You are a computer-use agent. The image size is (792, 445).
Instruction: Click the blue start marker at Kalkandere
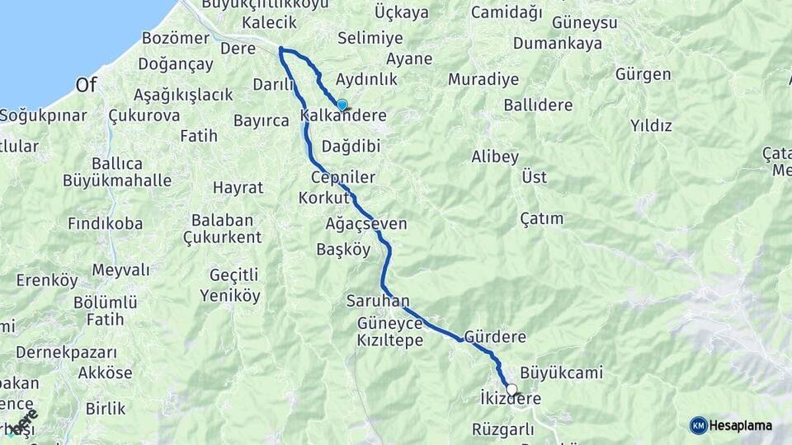342,105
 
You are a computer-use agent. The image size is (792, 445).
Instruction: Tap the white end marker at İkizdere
511,389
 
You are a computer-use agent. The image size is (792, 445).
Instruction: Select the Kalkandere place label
344,116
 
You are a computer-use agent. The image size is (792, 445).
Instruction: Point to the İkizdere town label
510,400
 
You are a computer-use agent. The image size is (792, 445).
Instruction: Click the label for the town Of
87,85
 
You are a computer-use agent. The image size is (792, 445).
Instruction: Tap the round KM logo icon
698,425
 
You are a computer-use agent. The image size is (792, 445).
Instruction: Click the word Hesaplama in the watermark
740,425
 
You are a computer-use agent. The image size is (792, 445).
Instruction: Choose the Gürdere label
495,337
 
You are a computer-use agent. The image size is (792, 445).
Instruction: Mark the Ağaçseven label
366,224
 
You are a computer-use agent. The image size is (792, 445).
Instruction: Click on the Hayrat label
238,187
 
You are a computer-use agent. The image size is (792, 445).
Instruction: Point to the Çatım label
542,218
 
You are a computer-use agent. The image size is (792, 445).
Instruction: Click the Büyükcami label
561,373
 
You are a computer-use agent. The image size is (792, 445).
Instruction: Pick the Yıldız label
651,126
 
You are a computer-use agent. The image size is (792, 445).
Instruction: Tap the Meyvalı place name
120,270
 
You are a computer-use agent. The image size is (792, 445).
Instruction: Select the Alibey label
494,157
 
